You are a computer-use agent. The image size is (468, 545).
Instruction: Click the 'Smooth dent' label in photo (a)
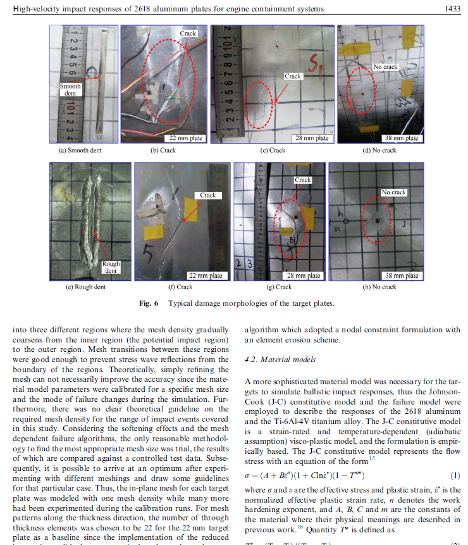click(x=71, y=89)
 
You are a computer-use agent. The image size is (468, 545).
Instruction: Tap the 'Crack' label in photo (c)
click(x=293, y=76)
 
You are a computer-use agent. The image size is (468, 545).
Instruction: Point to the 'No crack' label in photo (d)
click(x=386, y=67)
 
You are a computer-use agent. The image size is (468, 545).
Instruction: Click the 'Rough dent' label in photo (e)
click(x=111, y=268)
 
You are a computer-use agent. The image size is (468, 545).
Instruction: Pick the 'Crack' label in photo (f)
click(x=208, y=195)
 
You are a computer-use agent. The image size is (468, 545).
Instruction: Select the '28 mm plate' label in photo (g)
click(x=304, y=275)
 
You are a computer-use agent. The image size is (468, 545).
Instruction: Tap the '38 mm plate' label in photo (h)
click(x=402, y=275)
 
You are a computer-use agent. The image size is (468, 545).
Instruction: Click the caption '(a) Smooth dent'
click(x=80, y=151)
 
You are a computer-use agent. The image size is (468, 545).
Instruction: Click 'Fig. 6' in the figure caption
click(x=148, y=303)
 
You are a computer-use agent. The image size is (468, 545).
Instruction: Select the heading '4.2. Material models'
click(x=279, y=360)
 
